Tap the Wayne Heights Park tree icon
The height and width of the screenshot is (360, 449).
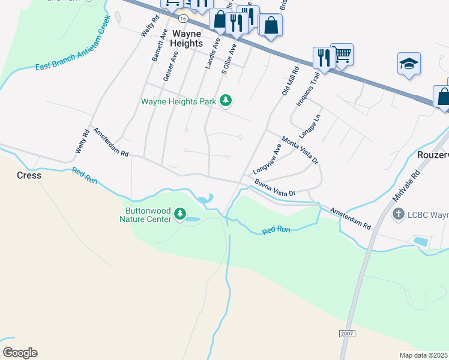(x=226, y=101)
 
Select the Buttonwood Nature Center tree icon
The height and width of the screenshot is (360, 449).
(x=179, y=214)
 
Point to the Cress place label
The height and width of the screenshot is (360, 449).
(x=29, y=176)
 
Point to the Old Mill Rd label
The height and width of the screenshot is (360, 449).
(x=291, y=82)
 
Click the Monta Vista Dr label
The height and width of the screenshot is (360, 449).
(x=300, y=149)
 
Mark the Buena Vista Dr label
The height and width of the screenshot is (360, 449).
(x=275, y=188)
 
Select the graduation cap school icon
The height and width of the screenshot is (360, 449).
(x=409, y=64)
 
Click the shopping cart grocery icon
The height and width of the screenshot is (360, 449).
(x=342, y=55)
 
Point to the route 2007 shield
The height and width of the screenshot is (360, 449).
(x=347, y=333)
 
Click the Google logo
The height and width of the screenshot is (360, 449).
(x=20, y=353)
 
